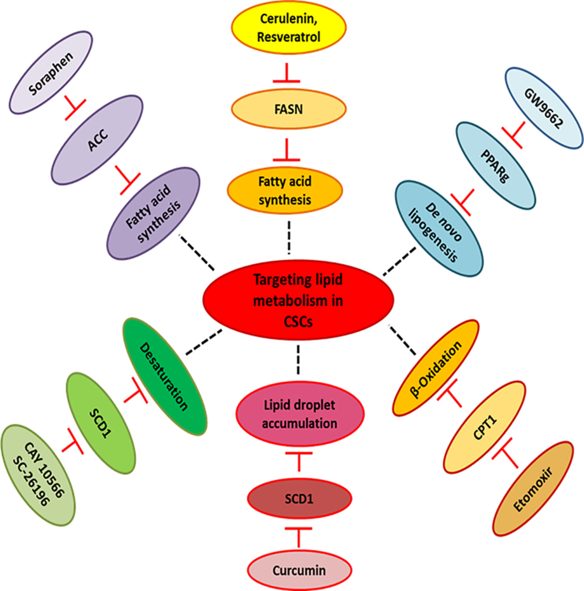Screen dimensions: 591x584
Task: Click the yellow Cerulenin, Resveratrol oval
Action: tap(288, 28)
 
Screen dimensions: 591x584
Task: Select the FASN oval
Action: tap(288, 110)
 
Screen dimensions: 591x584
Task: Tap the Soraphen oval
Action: tap(51, 73)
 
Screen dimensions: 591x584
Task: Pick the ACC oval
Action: tap(98, 140)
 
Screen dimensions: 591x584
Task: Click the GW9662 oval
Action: tap(543, 108)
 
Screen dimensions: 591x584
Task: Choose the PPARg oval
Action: tap(495, 165)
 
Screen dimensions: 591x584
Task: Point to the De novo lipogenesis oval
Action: tap(438, 228)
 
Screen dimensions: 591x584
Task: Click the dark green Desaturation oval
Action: tap(165, 377)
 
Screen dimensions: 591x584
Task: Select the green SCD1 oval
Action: tap(100, 423)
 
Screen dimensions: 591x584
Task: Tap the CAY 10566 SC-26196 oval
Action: tap(37, 475)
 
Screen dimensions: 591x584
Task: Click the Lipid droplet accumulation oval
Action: tap(300, 414)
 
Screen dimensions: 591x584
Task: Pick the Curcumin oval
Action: tap(299, 570)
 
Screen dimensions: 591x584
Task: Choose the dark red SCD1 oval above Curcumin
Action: tap(299, 499)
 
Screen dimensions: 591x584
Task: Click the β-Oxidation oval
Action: tap(436, 368)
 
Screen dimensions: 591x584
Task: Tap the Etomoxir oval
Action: tap(533, 488)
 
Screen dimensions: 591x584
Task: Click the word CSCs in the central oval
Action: tap(298, 322)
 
